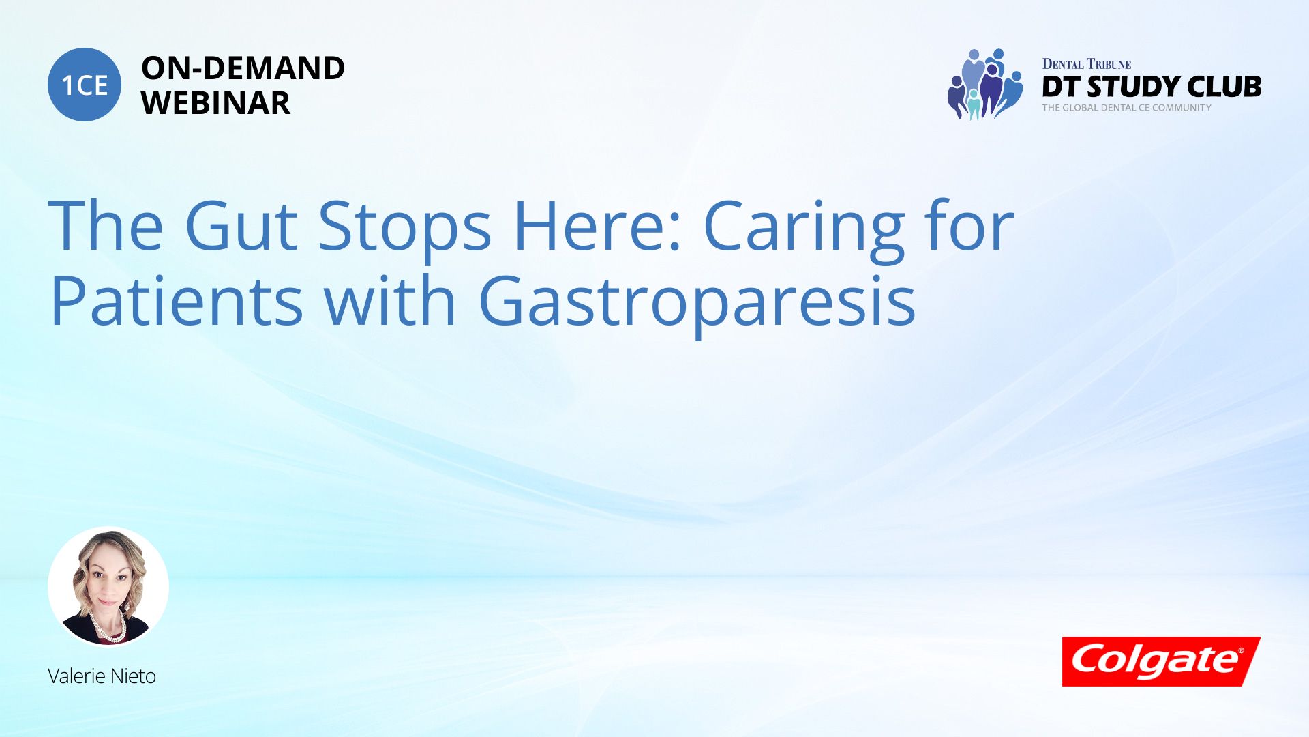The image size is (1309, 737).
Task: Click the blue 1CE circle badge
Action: [85, 85]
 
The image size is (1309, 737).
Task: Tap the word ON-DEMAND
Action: [243, 68]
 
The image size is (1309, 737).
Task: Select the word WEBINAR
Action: [215, 103]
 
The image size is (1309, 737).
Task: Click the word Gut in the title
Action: [241, 225]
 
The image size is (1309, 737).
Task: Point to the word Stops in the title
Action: [404, 229]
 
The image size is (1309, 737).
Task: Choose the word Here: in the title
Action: [598, 225]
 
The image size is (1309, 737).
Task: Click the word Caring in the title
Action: [803, 229]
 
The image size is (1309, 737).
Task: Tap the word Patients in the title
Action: [177, 300]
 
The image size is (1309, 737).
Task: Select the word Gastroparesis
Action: [697, 304]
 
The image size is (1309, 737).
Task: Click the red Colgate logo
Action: [1161, 661]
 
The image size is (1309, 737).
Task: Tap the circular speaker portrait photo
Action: [108, 586]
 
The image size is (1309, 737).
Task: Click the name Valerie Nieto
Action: [102, 676]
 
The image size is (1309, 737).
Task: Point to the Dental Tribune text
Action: [1087, 64]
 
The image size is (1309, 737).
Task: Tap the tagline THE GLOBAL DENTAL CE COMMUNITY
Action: [1126, 107]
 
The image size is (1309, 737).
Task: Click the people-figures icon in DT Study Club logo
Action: [985, 84]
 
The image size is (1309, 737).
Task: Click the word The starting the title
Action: [106, 225]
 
